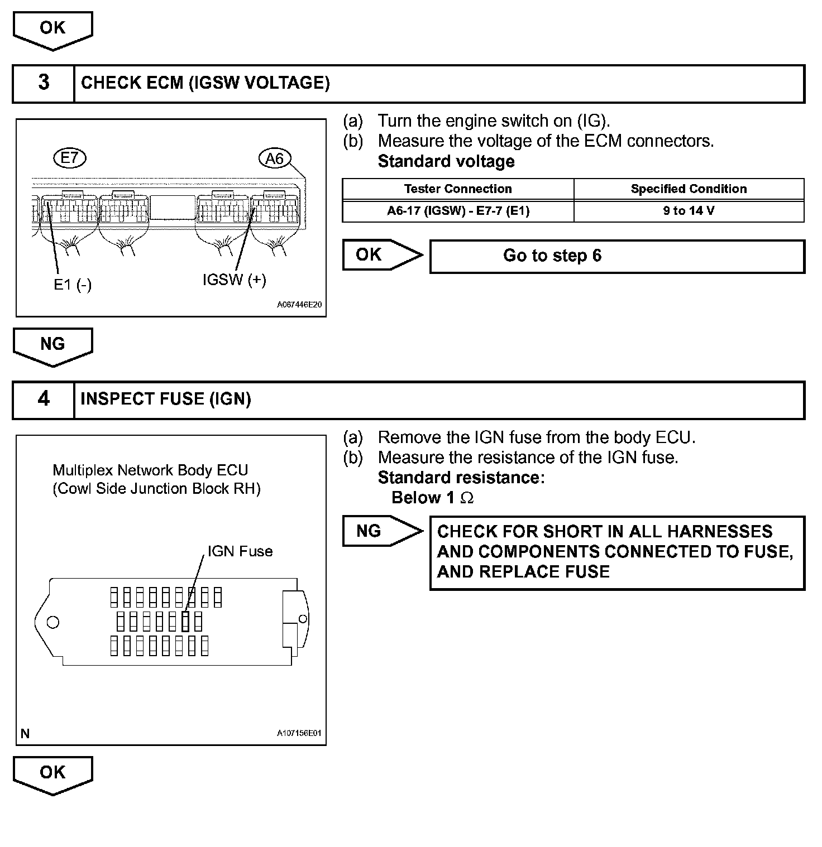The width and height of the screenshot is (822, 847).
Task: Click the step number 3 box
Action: [44, 83]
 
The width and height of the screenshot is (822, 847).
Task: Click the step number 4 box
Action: [44, 400]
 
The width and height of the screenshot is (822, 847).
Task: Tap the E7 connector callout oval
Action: [70, 158]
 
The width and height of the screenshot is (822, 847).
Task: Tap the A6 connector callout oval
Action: [275, 159]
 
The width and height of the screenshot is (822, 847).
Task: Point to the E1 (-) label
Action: [73, 285]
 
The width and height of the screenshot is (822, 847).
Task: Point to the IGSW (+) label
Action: [234, 280]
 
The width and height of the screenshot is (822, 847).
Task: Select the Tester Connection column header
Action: [457, 189]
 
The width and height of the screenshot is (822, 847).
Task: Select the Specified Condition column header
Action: [689, 189]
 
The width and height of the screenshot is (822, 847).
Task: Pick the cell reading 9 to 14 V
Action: [689, 211]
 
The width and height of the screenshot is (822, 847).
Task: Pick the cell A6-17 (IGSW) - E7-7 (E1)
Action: [457, 211]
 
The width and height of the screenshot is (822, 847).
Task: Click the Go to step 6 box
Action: [616, 256]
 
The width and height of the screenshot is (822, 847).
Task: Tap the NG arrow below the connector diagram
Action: [52, 346]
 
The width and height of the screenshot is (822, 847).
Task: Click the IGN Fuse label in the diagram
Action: [240, 551]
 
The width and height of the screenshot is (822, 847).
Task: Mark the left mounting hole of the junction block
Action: [53, 622]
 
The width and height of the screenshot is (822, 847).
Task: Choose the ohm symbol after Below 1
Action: [467, 498]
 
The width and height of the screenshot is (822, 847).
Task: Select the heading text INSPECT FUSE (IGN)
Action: [166, 399]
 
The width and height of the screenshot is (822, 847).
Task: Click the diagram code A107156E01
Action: [299, 733]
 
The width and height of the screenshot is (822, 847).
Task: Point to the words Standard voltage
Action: [446, 162]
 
